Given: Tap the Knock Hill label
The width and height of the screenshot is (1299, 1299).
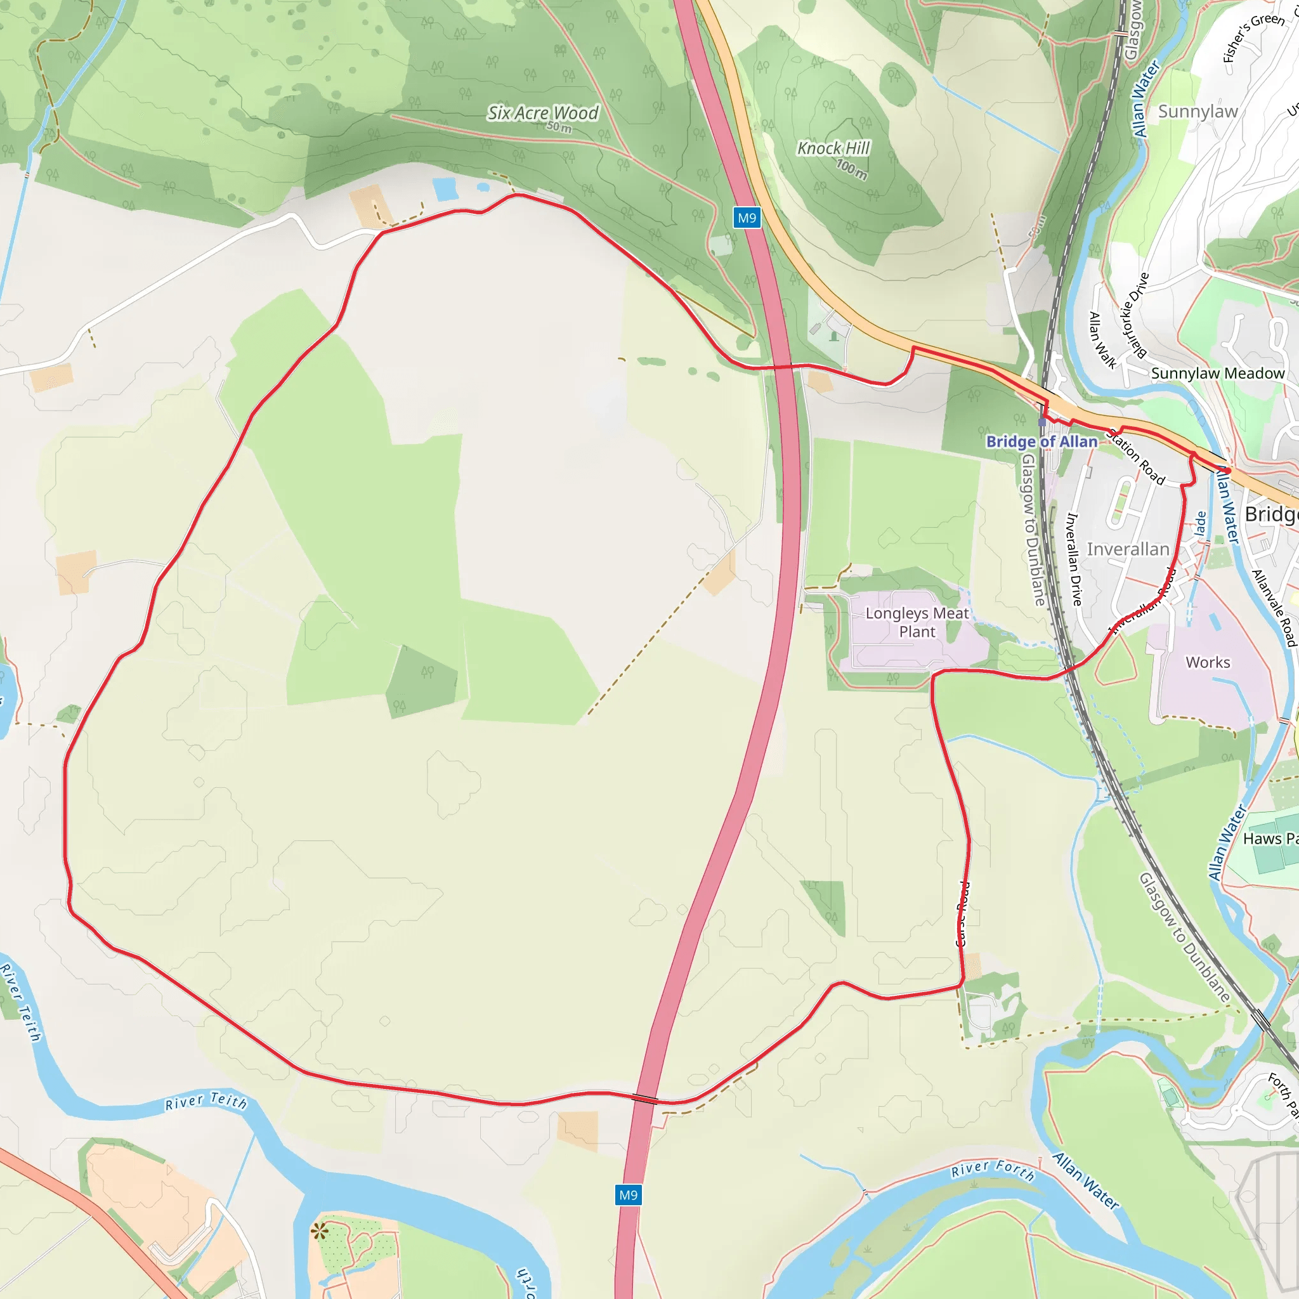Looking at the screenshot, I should click(833, 148).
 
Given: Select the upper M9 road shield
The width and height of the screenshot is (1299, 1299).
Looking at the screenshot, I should click(747, 218).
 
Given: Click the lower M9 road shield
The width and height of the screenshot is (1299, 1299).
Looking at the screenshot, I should click(628, 1195).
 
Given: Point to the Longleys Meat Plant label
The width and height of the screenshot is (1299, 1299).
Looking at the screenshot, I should click(917, 622).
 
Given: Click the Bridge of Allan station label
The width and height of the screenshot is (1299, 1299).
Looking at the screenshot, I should click(1041, 441).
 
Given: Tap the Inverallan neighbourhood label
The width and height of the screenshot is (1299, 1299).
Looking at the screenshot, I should click(1128, 549).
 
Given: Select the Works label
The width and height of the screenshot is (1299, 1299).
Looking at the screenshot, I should click(1208, 662).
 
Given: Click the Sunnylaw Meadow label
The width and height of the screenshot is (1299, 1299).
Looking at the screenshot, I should click(1218, 373).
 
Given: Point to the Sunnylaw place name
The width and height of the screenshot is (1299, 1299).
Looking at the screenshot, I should click(1198, 112).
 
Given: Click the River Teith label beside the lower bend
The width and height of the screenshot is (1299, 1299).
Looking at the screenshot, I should click(206, 1100).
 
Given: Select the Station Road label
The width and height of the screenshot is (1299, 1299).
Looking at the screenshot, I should click(1135, 457).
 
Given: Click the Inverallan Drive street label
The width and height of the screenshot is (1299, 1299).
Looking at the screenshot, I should click(1074, 559).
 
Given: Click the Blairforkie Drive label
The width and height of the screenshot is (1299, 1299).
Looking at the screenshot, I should click(1135, 315).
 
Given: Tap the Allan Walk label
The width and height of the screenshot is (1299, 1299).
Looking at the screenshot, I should click(1102, 340).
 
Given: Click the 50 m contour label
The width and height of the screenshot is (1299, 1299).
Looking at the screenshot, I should click(559, 127).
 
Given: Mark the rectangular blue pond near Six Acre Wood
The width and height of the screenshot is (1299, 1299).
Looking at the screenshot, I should click(445, 190).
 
